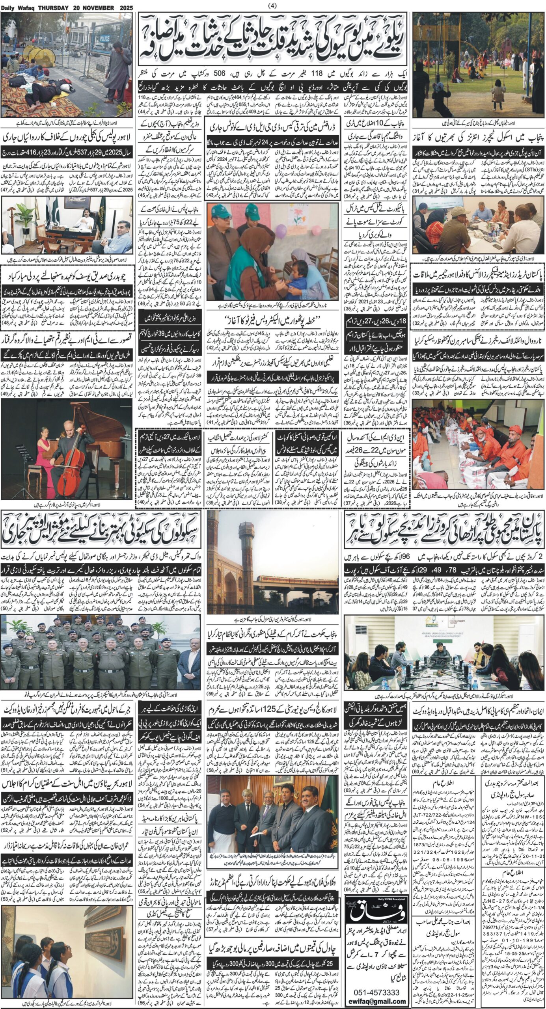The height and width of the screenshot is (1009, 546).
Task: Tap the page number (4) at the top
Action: pyautogui.click(x=272, y=5)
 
